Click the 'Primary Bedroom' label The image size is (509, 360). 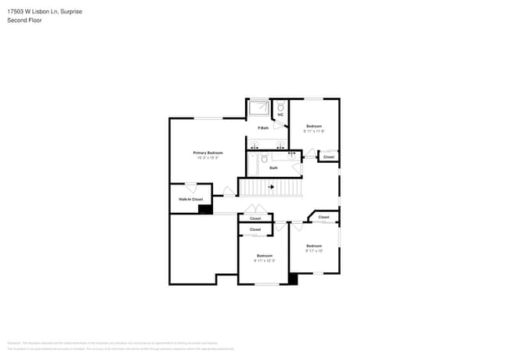[x=208, y=153]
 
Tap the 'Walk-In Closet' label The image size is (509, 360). [x=191, y=200]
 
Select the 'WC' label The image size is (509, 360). [x=280, y=115]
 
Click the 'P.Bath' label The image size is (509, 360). [x=264, y=128]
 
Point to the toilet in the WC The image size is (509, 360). [x=280, y=106]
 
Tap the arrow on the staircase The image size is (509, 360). [x=271, y=187]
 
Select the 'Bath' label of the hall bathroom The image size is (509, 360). [x=273, y=167]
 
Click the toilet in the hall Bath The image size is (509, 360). [x=264, y=159]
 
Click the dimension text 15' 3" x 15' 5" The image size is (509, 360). [x=208, y=159]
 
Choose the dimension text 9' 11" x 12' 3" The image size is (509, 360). [x=265, y=261]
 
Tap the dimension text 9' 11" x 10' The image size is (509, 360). [x=314, y=251]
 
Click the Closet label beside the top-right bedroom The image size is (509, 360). [x=328, y=157]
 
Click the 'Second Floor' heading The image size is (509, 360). [x=24, y=20]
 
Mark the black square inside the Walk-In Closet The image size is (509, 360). [x=204, y=209]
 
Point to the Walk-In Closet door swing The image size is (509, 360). [x=190, y=188]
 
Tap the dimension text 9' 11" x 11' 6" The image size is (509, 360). [x=314, y=131]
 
